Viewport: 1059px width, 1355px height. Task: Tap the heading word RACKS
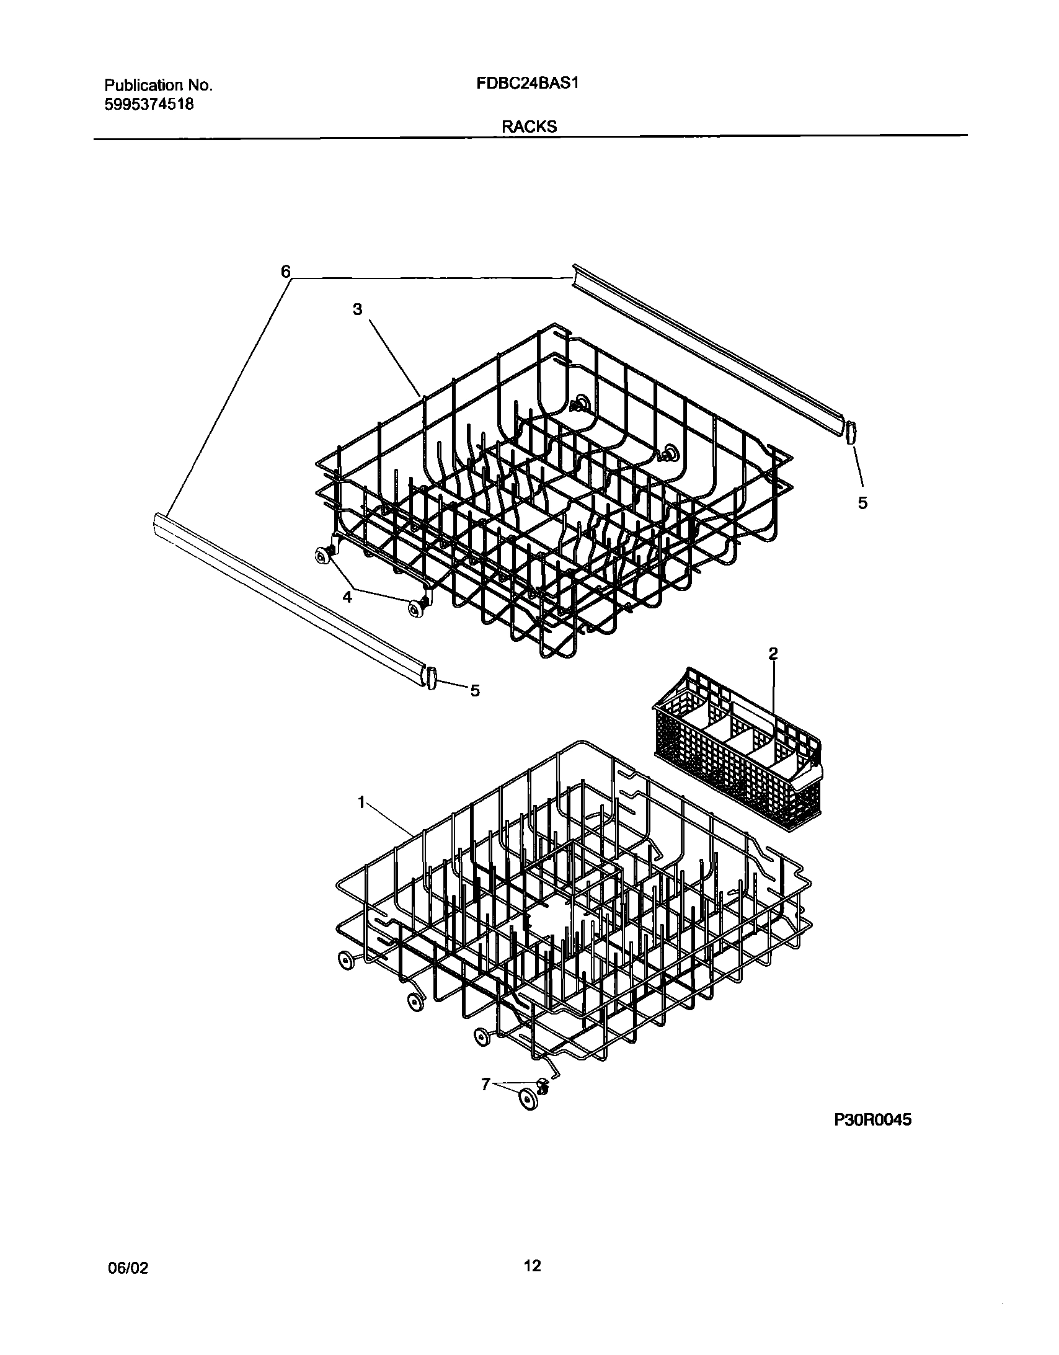click(528, 127)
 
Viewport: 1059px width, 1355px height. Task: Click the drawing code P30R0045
click(872, 1120)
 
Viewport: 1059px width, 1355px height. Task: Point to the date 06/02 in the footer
click(128, 1268)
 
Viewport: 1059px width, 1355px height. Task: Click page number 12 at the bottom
click(533, 1266)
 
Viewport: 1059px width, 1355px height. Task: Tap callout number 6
click(285, 271)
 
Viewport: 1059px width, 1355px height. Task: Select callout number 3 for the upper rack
click(357, 309)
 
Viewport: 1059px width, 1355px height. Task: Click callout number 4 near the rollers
click(347, 597)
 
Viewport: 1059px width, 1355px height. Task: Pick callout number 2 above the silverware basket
click(773, 653)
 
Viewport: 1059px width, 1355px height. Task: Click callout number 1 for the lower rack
click(361, 803)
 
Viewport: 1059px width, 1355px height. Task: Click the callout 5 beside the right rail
click(862, 503)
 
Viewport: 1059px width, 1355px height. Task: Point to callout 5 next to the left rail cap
click(474, 691)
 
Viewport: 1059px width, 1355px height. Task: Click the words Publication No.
click(158, 85)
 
